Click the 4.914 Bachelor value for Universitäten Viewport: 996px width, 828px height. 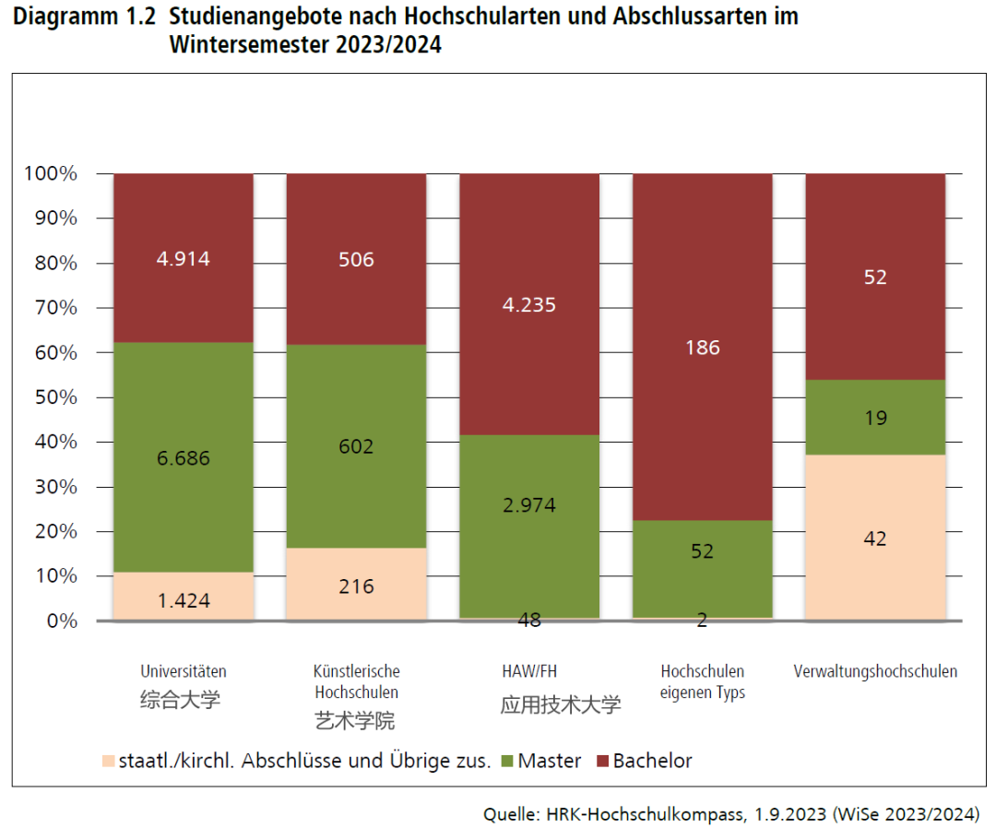pos(184,259)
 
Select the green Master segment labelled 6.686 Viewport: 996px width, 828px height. pos(184,458)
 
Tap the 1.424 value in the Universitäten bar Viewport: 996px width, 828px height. pos(184,601)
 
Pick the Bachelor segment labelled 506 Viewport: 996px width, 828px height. pos(356,259)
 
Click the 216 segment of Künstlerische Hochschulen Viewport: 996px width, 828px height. pos(356,586)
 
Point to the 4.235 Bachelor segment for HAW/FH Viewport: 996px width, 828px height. pos(529,304)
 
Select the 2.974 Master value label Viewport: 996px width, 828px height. pos(529,505)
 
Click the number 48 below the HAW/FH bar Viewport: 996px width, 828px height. pos(529,621)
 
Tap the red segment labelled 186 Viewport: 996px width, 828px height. pos(702,348)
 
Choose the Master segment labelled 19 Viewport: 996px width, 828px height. pos(875,419)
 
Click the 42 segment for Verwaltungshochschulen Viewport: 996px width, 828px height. pos(875,538)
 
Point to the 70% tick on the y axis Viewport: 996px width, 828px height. pos(58,308)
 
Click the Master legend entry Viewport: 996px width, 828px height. pos(549,761)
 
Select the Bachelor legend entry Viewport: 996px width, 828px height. pos(652,761)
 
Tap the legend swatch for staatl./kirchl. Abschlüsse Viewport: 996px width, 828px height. pos(109,762)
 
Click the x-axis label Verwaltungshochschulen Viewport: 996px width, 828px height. pos(875,671)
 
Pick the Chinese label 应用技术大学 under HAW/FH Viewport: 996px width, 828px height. pos(561,705)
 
